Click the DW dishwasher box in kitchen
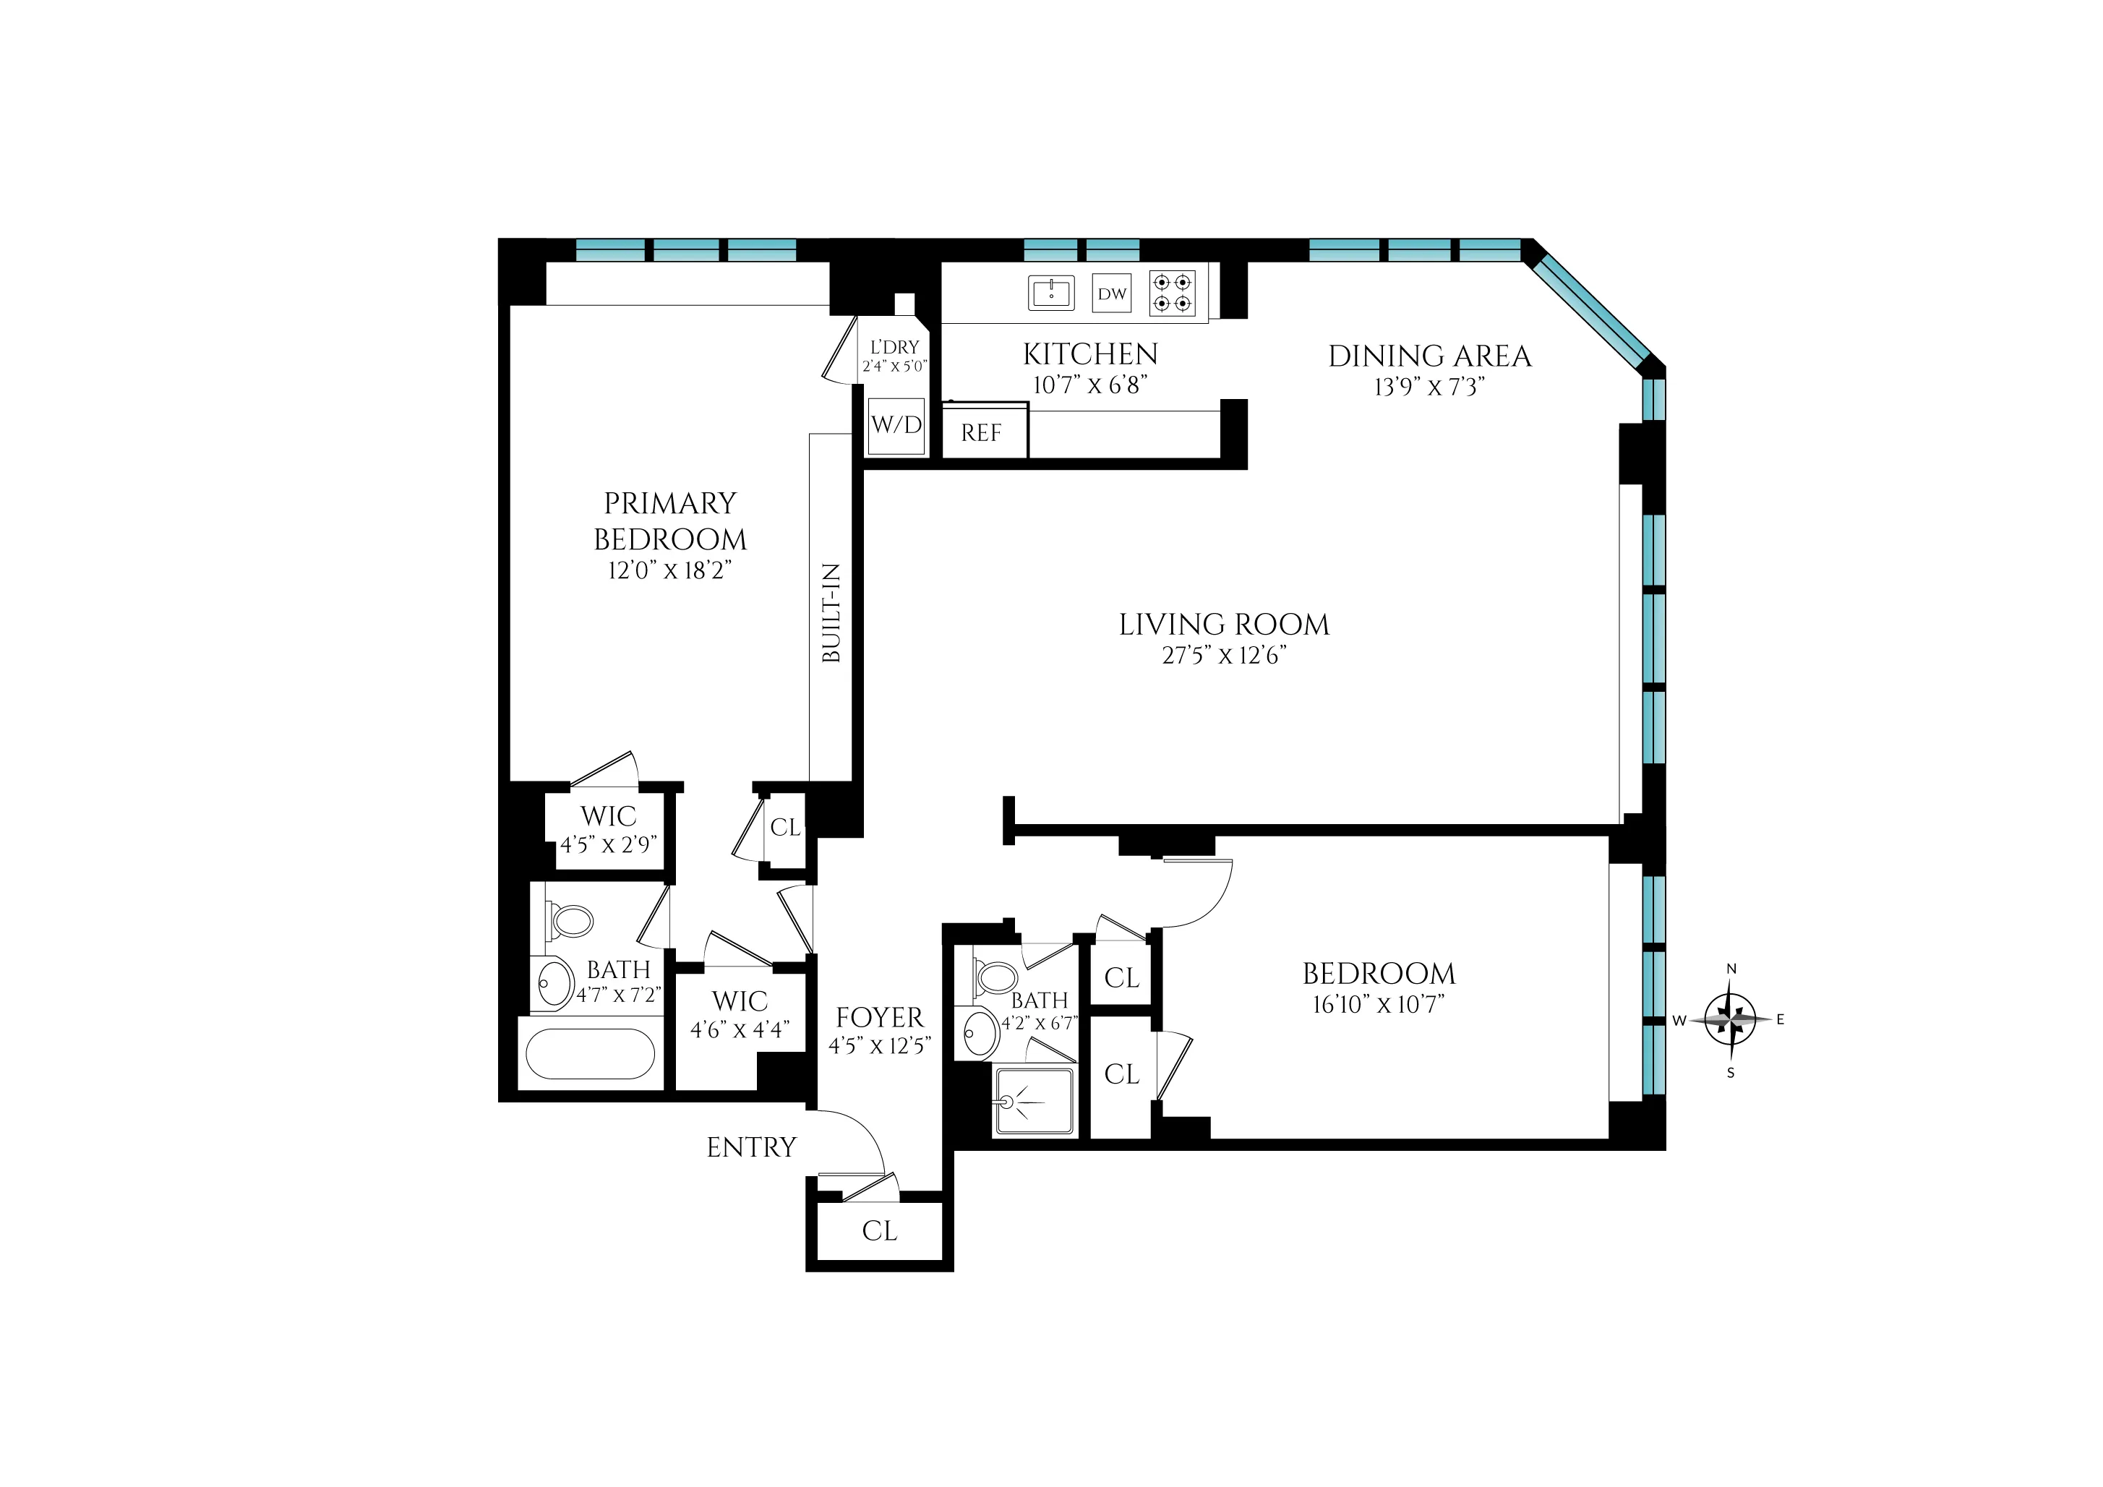[1112, 294]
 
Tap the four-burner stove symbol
[1173, 294]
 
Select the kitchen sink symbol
[1050, 293]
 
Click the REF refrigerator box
[982, 432]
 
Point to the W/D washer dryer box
[896, 425]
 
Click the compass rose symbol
[1730, 1019]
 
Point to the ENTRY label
[751, 1147]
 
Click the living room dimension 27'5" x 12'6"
[1224, 655]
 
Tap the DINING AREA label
[1429, 356]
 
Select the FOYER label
[879, 1017]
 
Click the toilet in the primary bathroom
[570, 921]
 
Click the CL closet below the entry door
[879, 1230]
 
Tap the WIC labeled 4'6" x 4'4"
[739, 1014]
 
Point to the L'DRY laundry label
[894, 348]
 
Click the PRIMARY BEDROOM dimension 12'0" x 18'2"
[669, 570]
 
